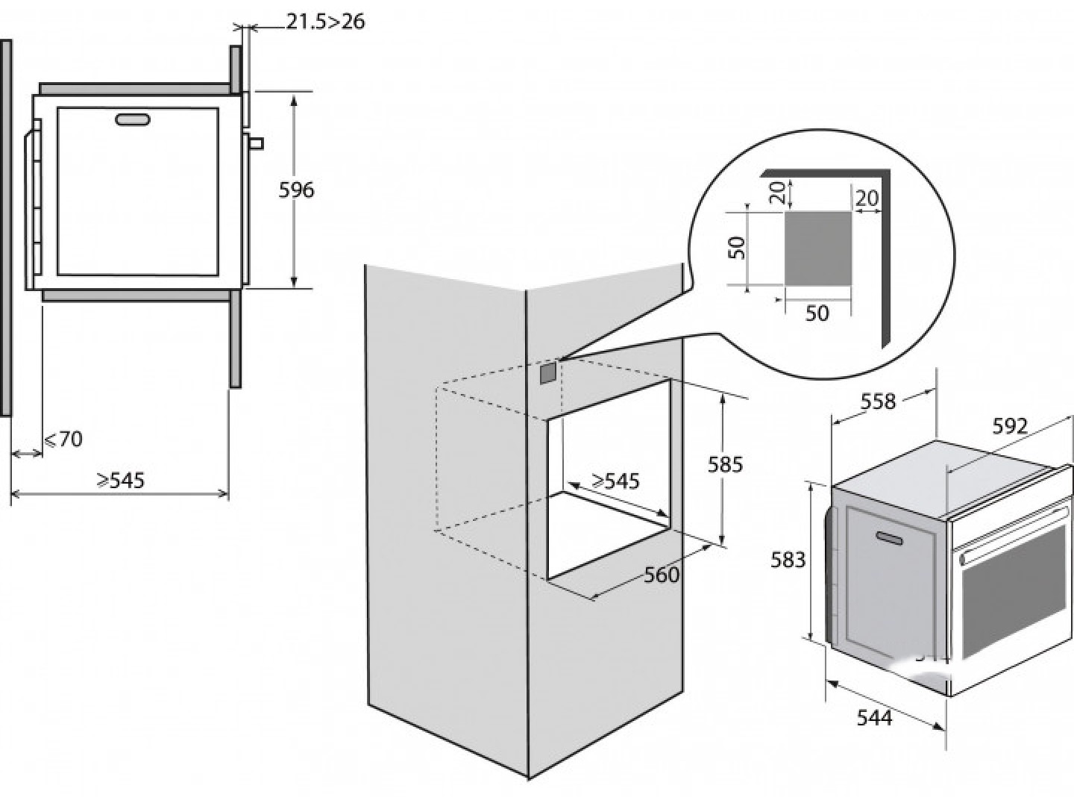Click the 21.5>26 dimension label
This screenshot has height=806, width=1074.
point(325,22)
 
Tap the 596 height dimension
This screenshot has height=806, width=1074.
point(296,190)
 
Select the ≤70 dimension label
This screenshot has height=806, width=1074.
point(63,439)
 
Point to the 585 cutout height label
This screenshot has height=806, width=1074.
point(725,464)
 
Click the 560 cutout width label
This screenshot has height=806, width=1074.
point(662,575)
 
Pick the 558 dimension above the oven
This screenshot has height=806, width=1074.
point(879,402)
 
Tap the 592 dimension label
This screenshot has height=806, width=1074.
point(1010,427)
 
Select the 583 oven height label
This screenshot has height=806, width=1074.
point(788,560)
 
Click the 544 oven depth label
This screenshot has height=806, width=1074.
point(875,718)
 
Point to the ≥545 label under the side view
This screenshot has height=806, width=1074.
point(121,480)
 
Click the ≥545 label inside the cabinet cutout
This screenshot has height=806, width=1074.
point(615,481)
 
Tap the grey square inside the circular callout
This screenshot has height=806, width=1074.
point(818,248)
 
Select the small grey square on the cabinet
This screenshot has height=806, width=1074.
point(548,373)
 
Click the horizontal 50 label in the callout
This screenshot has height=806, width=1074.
point(817,313)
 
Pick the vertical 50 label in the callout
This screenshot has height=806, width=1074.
point(737,248)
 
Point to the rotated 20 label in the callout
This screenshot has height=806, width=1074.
point(777,193)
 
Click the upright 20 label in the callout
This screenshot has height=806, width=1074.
point(867,199)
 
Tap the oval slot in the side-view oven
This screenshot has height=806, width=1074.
point(133,119)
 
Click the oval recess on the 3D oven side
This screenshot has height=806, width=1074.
point(890,537)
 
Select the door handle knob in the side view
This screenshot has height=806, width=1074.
point(257,143)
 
